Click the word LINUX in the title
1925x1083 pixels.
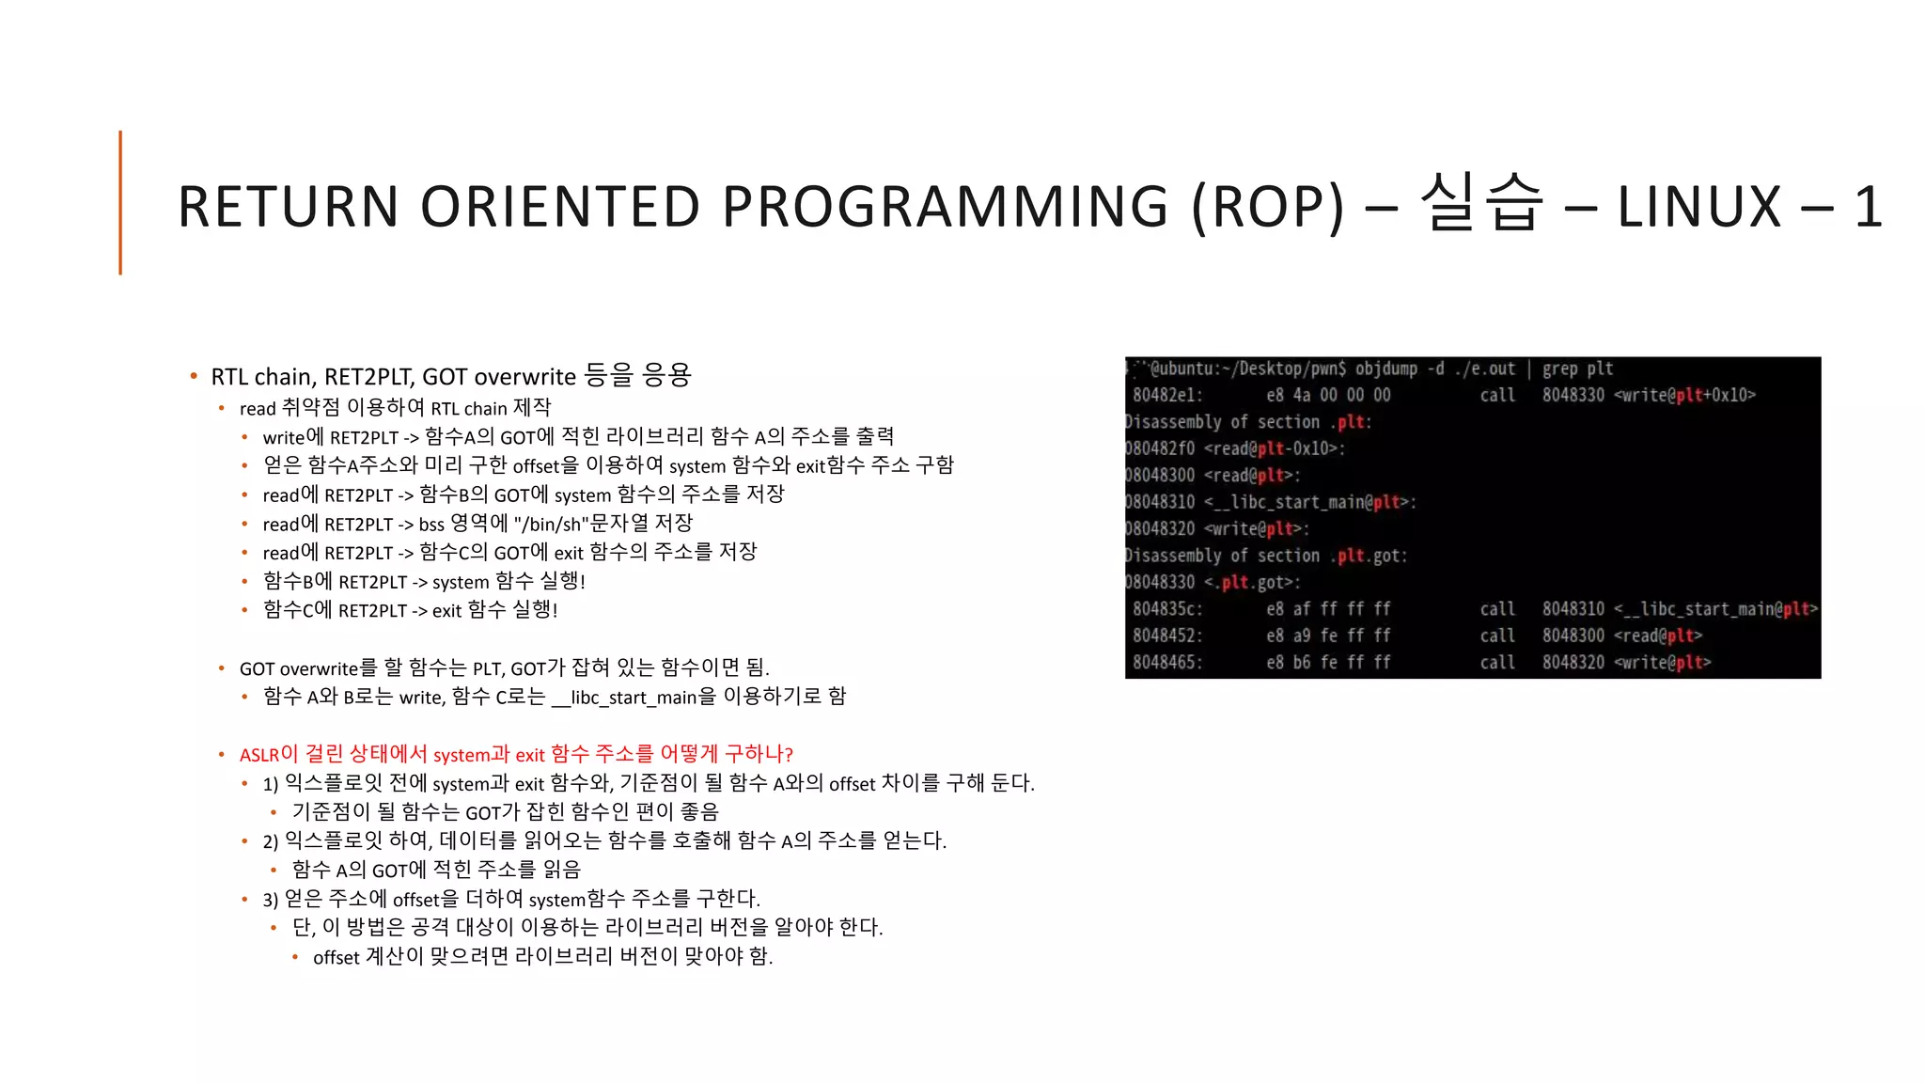point(1698,206)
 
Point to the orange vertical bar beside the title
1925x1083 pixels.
point(120,202)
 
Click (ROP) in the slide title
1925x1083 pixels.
point(1268,206)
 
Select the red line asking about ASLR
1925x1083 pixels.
point(516,754)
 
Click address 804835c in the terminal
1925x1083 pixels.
point(1167,609)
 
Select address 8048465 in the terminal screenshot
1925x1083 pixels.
point(1167,663)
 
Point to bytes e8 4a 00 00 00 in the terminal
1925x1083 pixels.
point(1328,396)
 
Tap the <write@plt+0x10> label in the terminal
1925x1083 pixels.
point(1684,396)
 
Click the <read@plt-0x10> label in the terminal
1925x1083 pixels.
point(1274,449)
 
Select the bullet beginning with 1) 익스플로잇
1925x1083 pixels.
point(649,783)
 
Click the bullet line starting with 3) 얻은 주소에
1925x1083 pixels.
point(511,899)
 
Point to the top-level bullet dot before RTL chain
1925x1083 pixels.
point(194,376)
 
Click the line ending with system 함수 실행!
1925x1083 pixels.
point(424,582)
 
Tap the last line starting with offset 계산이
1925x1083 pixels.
point(542,957)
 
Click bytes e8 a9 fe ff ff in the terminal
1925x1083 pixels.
point(1328,636)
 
